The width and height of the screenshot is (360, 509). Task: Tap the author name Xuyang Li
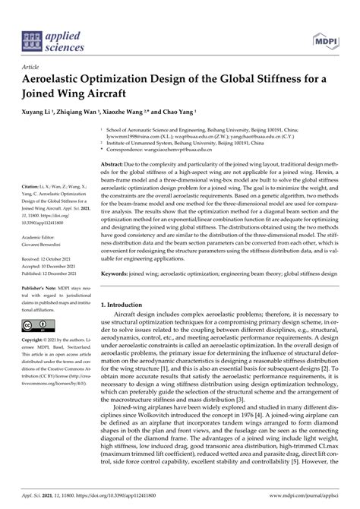tap(41, 111)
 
